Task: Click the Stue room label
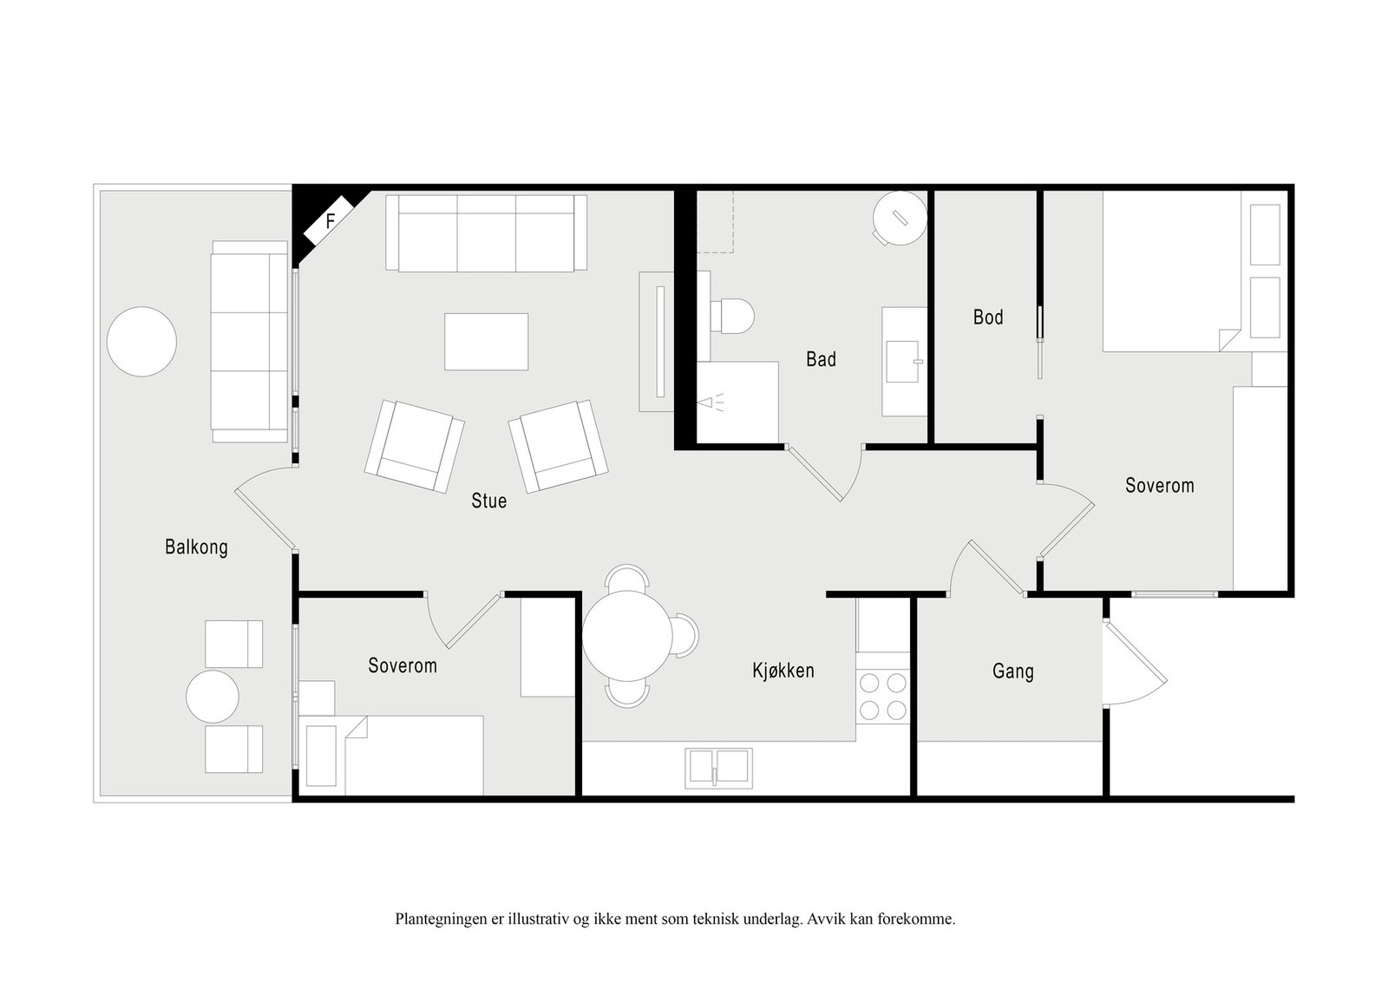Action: coord(489,501)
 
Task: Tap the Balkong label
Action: coord(196,547)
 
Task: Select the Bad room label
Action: coord(821,359)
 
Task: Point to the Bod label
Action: coord(988,318)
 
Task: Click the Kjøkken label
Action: coord(783,671)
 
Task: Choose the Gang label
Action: coord(1013,671)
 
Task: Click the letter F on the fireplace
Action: coord(331,221)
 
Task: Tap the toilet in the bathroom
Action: coord(732,316)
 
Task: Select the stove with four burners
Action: coord(883,697)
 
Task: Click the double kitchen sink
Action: coord(719,769)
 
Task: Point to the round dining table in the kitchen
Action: coord(627,636)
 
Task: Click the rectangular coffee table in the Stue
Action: coord(487,342)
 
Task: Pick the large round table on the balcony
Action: coord(142,342)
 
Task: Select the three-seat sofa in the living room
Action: coord(487,233)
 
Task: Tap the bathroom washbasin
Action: coord(903,361)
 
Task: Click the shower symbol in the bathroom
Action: coord(710,403)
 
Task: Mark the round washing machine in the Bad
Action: coord(899,218)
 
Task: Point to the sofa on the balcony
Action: coord(250,342)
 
